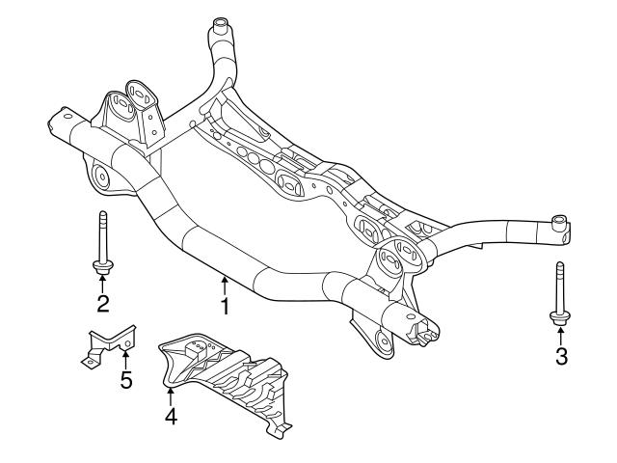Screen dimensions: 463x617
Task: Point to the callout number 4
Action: (x=170, y=418)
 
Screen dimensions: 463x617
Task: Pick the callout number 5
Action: (x=125, y=379)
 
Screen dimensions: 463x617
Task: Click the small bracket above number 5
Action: (x=108, y=343)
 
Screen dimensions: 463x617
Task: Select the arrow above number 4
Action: (x=170, y=395)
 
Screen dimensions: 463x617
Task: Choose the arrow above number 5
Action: (x=125, y=358)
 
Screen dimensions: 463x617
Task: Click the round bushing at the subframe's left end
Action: (x=100, y=176)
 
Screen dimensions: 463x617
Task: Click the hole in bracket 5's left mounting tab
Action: (x=88, y=361)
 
